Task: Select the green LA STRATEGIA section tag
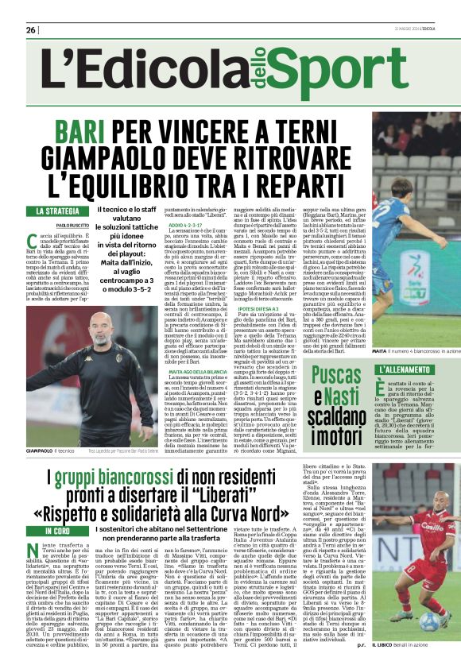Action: coord(58,211)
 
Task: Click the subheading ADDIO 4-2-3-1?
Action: coord(184,226)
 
